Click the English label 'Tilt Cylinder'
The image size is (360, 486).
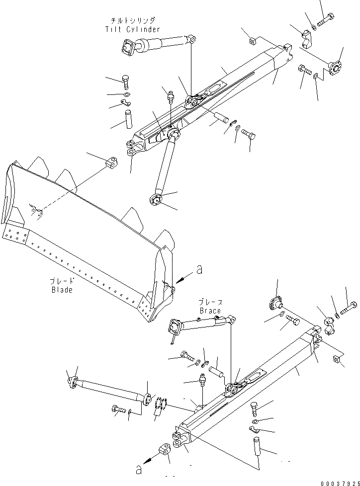click(x=133, y=29)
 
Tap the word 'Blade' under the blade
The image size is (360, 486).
click(x=61, y=290)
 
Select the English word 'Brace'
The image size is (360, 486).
click(x=210, y=311)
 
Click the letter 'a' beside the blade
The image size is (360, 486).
click(x=199, y=269)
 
